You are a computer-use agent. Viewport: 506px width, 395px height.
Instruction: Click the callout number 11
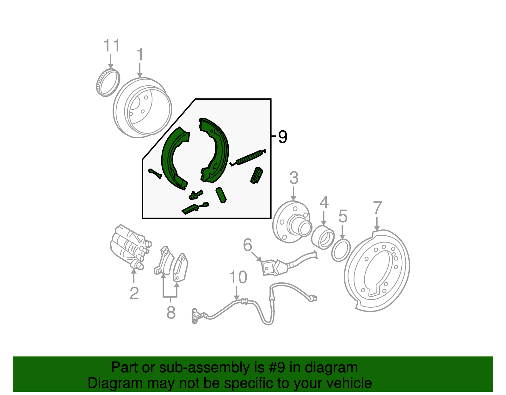tap(112, 46)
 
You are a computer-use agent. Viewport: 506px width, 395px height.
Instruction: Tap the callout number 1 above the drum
tap(140, 55)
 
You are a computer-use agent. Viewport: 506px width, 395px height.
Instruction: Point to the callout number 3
tap(294, 178)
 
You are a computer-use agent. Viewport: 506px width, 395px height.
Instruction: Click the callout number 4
tap(324, 202)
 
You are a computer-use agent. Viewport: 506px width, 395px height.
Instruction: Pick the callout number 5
tap(343, 216)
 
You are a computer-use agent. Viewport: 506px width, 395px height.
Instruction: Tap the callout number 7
tap(378, 208)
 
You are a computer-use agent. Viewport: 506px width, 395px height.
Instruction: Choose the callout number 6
tap(248, 245)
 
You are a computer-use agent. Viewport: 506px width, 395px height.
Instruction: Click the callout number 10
tap(238, 277)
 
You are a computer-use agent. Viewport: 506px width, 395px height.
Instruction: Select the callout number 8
tap(171, 312)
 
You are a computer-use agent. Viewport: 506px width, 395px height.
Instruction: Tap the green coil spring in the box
tap(248, 158)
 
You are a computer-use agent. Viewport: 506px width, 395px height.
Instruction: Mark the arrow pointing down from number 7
tap(377, 224)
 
